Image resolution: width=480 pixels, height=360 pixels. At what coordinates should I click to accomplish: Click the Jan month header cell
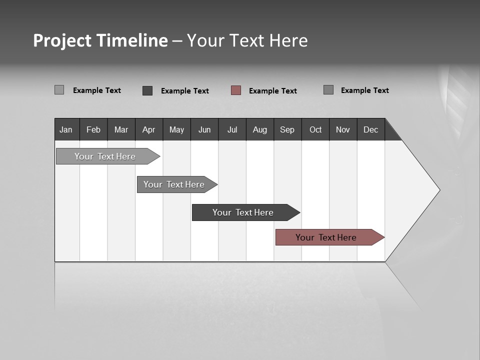coord(66,129)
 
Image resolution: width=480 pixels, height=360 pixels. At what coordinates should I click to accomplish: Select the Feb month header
coord(93,129)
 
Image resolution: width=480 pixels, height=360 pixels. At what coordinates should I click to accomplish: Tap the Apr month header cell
coord(149,129)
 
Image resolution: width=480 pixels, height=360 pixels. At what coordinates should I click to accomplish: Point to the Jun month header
coord(204,129)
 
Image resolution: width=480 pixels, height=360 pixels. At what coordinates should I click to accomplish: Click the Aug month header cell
coord(260,129)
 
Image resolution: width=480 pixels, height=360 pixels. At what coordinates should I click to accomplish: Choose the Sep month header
coord(287,129)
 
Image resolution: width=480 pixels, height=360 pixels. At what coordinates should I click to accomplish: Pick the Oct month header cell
coord(315,129)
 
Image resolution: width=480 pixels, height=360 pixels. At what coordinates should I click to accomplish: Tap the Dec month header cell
coord(371,129)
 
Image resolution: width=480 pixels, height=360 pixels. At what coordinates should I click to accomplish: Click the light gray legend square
coord(59,90)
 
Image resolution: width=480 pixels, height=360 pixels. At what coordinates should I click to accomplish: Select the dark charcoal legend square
coord(147,90)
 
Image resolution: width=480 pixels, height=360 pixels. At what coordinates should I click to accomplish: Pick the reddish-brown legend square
coord(236,90)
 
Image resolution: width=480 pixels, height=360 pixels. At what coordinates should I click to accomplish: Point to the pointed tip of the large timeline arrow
coord(438,190)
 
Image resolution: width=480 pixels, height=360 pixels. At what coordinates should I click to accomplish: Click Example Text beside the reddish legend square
coord(272,90)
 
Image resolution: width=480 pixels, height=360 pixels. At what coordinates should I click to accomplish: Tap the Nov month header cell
coord(343,129)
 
